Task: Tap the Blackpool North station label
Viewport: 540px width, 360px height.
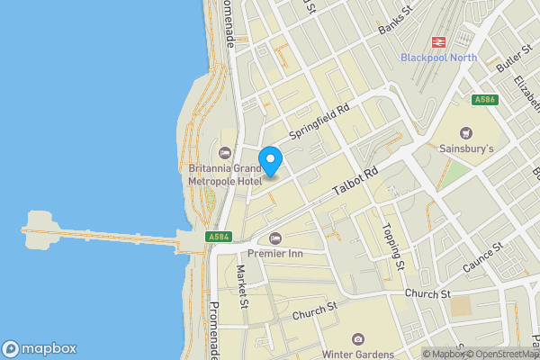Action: point(439,58)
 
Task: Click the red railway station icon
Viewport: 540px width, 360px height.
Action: point(439,41)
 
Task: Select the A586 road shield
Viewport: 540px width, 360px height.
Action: point(484,100)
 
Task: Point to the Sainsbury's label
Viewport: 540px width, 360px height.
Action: point(466,148)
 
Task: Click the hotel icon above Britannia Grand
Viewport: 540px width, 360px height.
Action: point(225,151)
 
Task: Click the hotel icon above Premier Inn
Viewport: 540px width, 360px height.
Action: point(275,238)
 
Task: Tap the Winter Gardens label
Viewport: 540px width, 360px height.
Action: point(358,354)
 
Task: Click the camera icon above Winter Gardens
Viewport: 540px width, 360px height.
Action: point(358,338)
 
